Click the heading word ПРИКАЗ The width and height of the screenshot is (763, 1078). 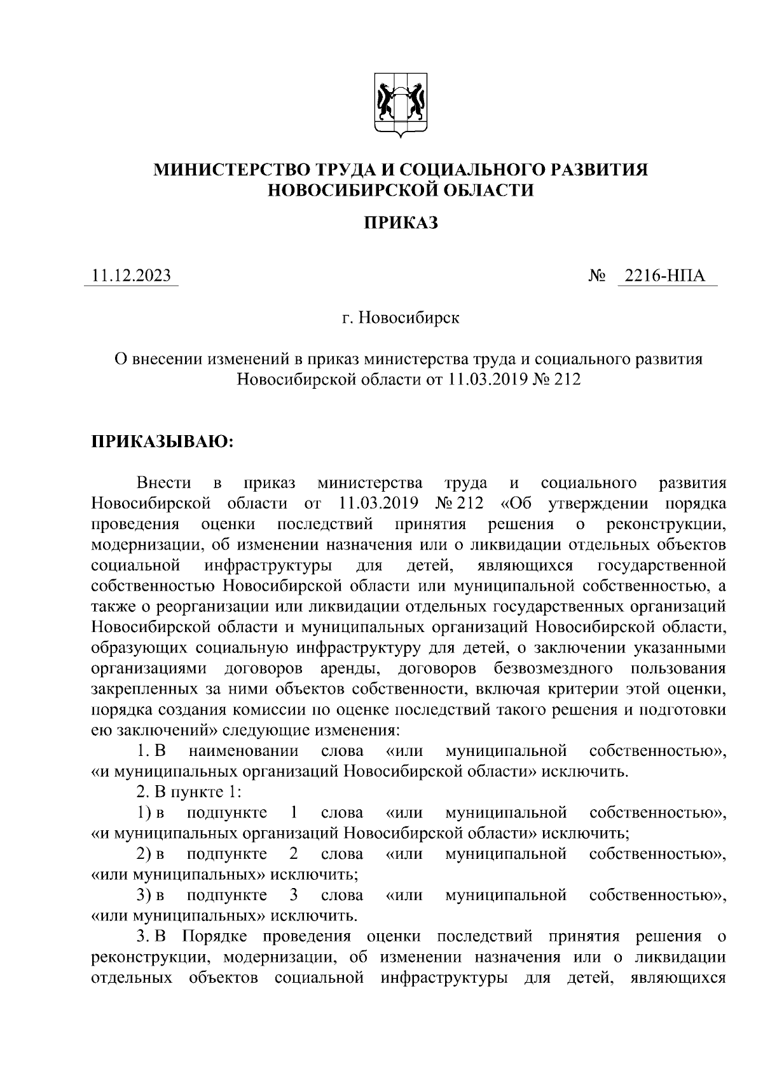[401, 222]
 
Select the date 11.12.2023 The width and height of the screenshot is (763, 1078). [131, 276]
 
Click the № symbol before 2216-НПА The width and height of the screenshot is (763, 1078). [597, 276]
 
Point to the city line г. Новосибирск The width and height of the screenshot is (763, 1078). [400, 317]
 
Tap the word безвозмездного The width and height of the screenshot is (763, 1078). [553, 668]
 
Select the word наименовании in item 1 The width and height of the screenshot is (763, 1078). [244, 751]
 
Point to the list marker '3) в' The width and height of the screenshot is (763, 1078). [150, 895]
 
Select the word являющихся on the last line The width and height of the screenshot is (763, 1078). [677, 978]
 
